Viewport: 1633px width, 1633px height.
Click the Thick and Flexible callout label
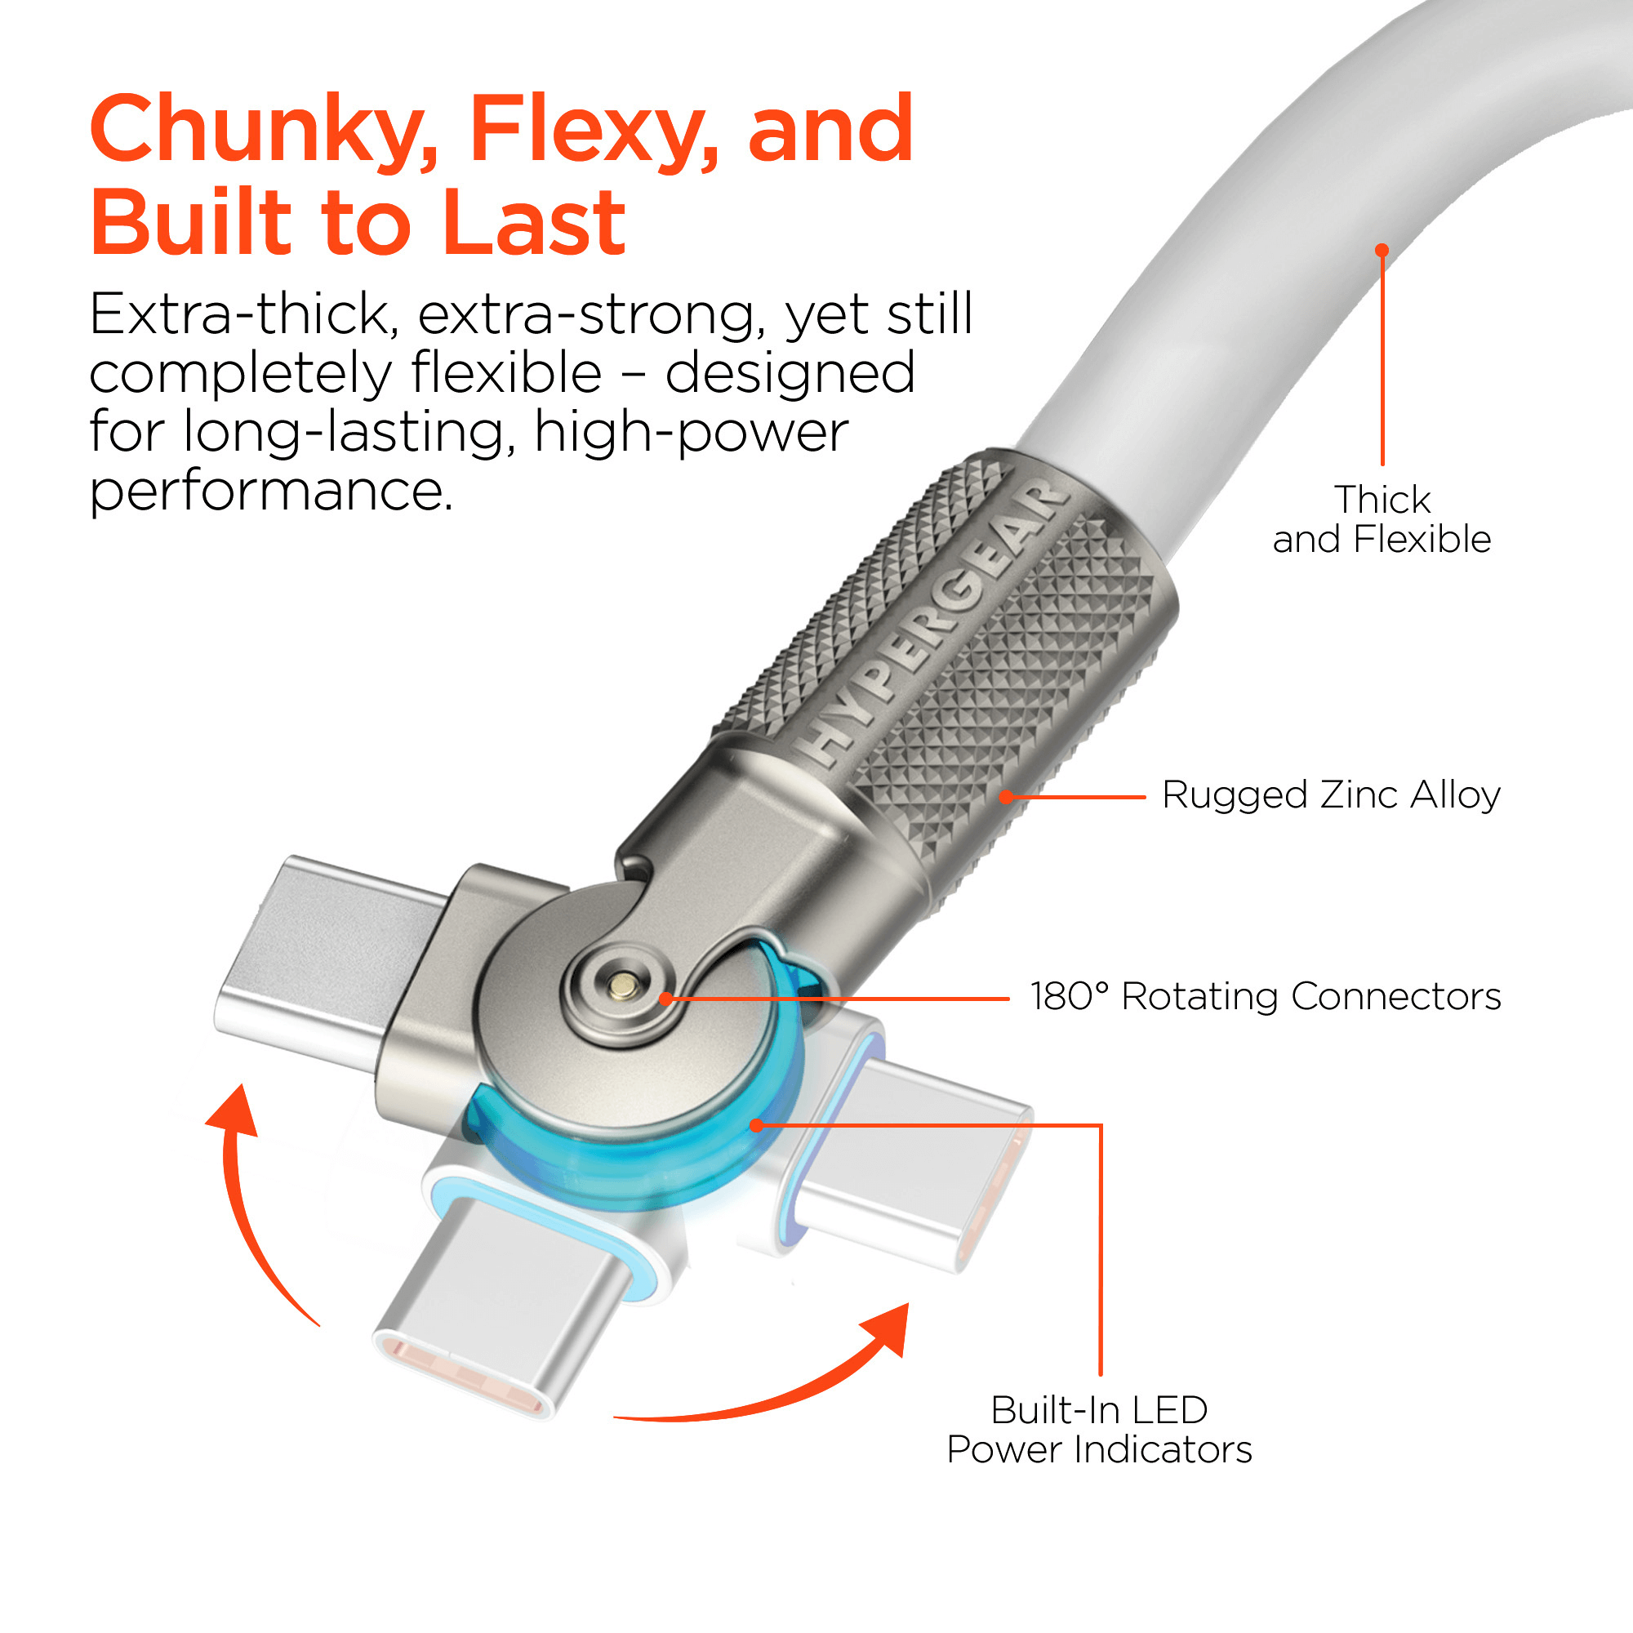(x=1382, y=519)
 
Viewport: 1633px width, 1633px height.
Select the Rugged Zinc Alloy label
(x=1330, y=795)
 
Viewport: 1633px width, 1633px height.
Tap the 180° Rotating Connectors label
(x=1265, y=996)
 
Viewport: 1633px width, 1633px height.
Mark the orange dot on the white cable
(x=1382, y=250)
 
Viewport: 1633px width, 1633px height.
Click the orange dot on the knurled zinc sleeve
(x=1006, y=796)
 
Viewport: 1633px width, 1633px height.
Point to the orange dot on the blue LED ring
(x=757, y=1125)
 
